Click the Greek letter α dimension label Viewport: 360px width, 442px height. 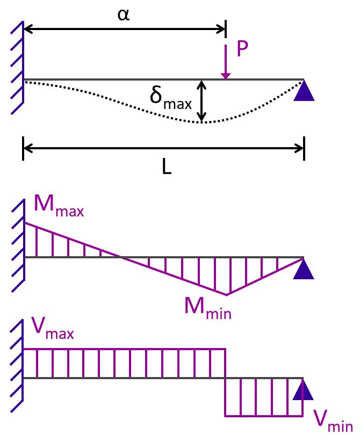click(x=124, y=15)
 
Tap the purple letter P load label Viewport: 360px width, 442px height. click(x=242, y=49)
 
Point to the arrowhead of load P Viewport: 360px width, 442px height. click(x=226, y=76)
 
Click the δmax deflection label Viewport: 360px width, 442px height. click(x=170, y=99)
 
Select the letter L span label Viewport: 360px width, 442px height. click(x=167, y=166)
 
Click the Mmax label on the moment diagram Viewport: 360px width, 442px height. click(x=59, y=206)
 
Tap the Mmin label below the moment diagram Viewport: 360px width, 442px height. click(x=208, y=308)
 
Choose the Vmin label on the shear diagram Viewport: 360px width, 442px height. click(x=333, y=421)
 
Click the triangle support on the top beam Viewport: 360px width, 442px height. click(x=304, y=91)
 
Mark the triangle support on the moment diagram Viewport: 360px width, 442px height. click(x=304, y=269)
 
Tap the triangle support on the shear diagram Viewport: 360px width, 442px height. click(x=303, y=389)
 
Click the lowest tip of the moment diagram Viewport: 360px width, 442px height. click(x=226, y=295)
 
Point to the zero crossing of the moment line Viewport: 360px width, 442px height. click(x=121, y=257)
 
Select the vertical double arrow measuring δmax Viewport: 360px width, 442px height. click(x=201, y=101)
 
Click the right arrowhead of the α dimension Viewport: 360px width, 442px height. click(x=221, y=29)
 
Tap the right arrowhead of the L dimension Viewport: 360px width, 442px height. click(x=299, y=148)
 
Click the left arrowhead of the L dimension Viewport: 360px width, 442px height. click(x=28, y=148)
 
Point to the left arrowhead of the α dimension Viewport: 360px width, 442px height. click(x=28, y=29)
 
